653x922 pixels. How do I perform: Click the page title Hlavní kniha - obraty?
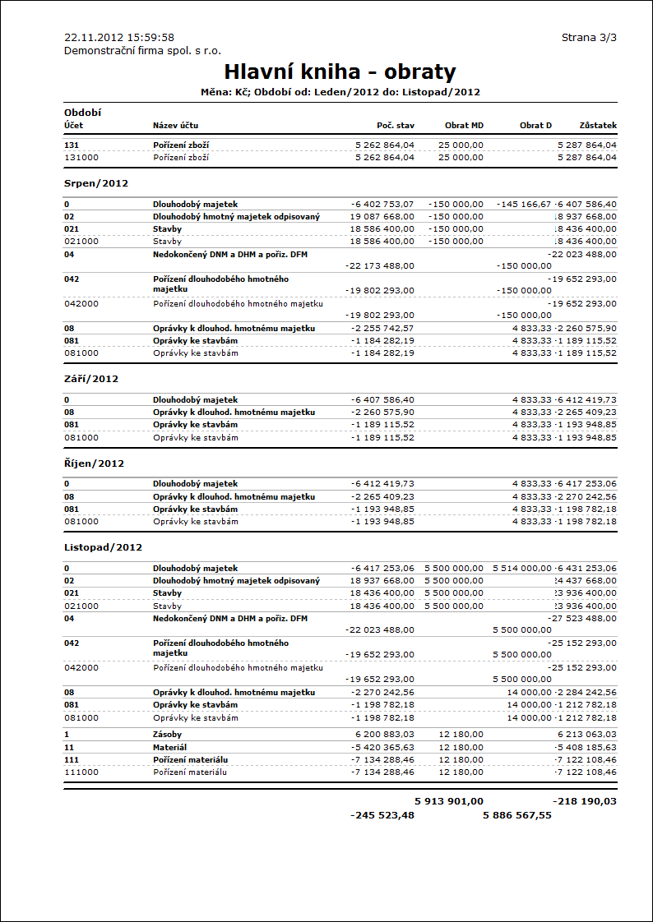(340, 71)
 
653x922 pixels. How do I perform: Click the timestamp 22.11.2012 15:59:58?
(119, 38)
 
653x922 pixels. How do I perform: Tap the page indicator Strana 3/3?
(589, 38)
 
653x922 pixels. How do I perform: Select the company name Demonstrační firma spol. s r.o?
(142, 50)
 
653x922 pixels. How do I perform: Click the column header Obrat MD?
(464, 126)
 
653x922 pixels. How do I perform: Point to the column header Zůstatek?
(598, 126)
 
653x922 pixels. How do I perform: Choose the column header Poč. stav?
(396, 126)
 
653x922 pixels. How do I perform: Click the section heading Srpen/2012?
(96, 183)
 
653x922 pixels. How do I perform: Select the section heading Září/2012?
(91, 380)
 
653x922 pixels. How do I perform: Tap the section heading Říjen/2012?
(94, 463)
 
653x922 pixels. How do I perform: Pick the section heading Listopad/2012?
(103, 547)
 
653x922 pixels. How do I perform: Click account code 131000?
(81, 157)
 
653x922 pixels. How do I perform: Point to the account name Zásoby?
(167, 734)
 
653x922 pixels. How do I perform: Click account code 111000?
(81, 772)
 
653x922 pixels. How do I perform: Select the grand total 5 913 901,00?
(449, 800)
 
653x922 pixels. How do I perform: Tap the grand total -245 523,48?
(382, 815)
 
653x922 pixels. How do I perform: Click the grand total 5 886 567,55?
(517, 815)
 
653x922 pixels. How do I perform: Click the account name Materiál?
(169, 747)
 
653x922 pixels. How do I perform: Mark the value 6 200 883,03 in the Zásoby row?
(385, 734)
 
